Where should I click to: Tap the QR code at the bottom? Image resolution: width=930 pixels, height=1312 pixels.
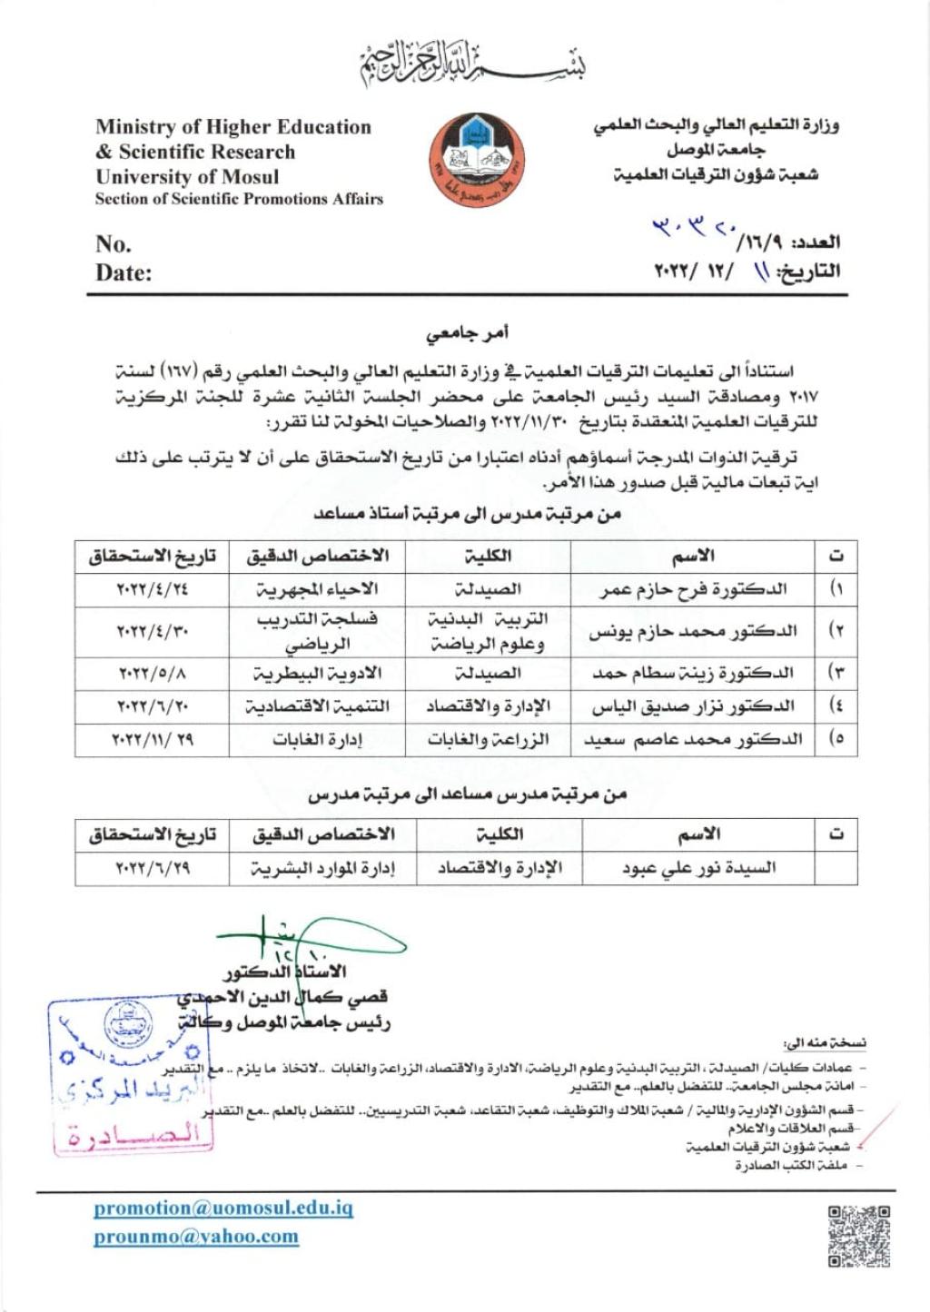point(858,1236)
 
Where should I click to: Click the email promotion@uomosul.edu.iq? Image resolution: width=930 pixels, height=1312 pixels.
point(223,1208)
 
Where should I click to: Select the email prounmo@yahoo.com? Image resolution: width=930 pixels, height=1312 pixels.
point(196,1236)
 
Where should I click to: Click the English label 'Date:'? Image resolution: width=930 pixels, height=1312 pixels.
point(124,272)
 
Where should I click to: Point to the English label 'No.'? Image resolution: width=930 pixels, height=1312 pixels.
point(114,243)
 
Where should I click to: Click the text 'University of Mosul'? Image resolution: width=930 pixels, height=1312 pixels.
point(187,176)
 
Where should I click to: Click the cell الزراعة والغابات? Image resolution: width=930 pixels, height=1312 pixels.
point(488,739)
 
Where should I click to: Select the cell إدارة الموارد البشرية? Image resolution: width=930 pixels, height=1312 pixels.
point(322,868)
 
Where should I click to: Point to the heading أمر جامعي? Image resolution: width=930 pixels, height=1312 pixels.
point(468,334)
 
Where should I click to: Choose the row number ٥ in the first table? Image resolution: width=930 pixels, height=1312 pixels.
point(837,739)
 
